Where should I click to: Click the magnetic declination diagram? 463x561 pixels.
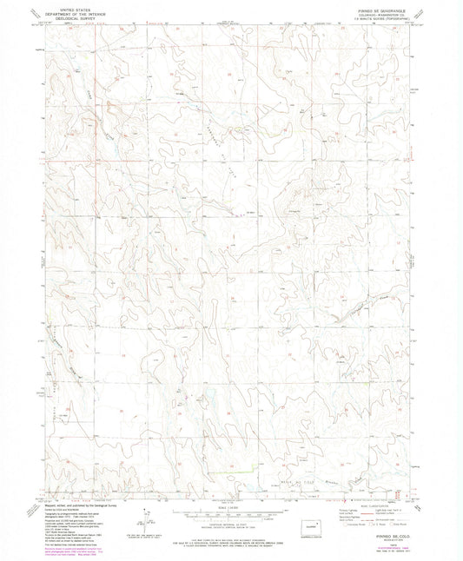(x=142, y=525)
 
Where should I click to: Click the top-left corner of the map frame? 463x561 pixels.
(x=45, y=23)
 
